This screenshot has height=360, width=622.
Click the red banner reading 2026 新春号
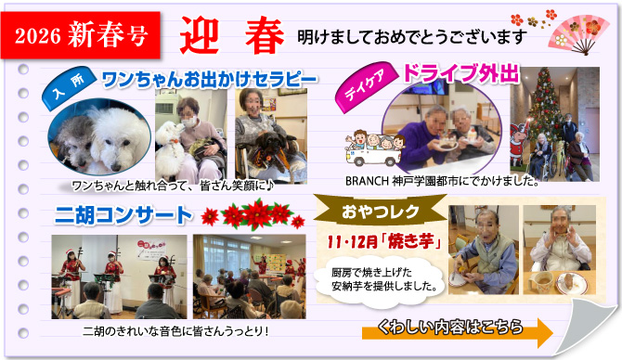83,36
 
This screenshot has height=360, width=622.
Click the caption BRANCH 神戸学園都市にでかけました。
442,181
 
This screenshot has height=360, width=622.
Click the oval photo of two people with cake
447,130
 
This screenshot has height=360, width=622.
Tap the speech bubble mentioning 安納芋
377,277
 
